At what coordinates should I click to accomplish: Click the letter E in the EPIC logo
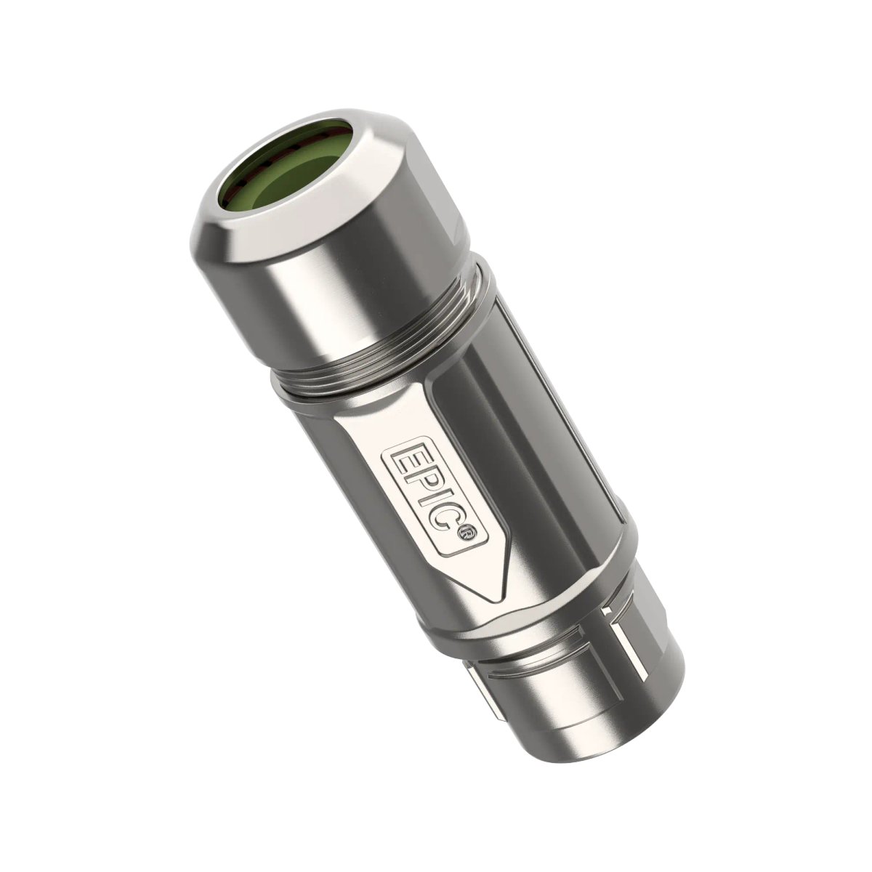coord(398,461)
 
